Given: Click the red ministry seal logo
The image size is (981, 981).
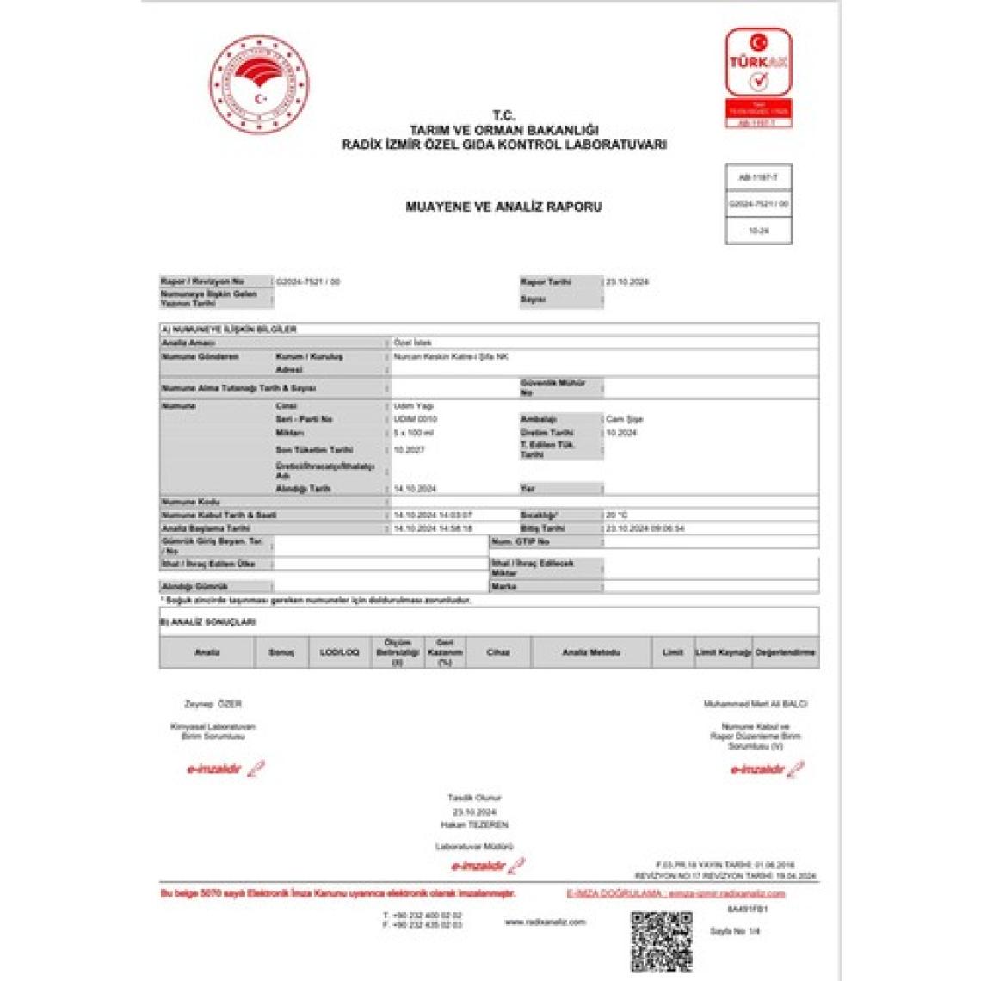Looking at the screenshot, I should [x=259, y=83].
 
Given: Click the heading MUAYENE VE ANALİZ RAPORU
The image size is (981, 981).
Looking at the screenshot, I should [x=503, y=207].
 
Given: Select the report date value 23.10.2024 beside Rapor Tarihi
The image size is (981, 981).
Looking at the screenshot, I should [x=627, y=282].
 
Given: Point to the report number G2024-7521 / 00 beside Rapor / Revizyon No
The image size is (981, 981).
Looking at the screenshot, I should [x=308, y=281].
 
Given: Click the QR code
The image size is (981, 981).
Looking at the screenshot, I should [x=661, y=941].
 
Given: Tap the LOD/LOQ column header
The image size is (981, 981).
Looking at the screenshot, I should [x=339, y=653].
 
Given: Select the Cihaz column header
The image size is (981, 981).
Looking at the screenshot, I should [x=498, y=653].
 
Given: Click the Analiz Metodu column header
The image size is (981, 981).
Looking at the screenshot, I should [x=590, y=653].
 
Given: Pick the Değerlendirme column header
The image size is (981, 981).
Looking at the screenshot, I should [x=785, y=653].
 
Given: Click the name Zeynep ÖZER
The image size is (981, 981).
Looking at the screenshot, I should [x=213, y=704].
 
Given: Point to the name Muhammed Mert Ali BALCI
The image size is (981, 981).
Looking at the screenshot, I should [x=756, y=704].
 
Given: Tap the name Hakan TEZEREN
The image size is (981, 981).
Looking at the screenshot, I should [x=475, y=824].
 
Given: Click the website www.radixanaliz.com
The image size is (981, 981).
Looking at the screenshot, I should [x=545, y=922].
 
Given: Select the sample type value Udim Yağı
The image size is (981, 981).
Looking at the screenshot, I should [x=413, y=406].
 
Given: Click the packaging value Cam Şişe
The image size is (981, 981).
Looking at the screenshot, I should [x=625, y=419].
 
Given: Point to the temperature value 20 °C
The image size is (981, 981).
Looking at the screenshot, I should [x=617, y=515].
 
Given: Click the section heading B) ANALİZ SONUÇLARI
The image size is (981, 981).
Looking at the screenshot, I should [x=209, y=621].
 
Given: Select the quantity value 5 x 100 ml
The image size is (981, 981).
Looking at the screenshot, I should [x=413, y=433].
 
